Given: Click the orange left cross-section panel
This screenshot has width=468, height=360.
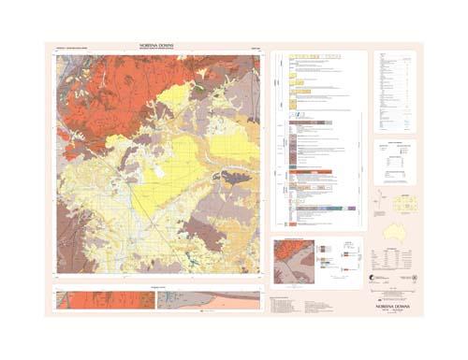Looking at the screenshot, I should click(x=102, y=299).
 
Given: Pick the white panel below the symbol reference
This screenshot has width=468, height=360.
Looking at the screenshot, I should click(x=394, y=163).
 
